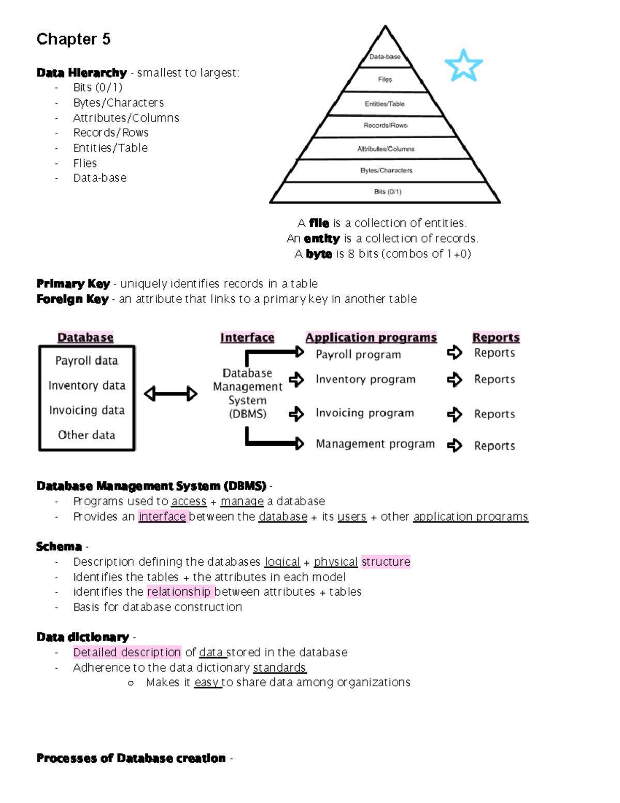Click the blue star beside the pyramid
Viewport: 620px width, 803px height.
click(x=463, y=66)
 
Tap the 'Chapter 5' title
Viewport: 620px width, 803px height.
click(x=73, y=39)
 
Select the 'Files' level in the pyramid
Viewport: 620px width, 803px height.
click(x=385, y=80)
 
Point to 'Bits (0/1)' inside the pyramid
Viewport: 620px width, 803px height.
click(x=388, y=192)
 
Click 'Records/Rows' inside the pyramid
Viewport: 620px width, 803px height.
click(x=385, y=126)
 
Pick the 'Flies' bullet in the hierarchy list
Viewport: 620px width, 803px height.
click(x=85, y=163)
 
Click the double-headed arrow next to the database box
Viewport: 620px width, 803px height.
click(x=171, y=394)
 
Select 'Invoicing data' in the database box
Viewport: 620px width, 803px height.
click(x=87, y=411)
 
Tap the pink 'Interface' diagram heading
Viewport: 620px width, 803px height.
click(x=247, y=338)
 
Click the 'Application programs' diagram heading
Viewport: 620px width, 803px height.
click(x=371, y=338)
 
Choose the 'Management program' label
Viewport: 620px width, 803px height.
click(x=375, y=444)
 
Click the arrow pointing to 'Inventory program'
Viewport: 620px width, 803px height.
click(x=297, y=380)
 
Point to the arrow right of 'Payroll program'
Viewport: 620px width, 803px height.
click(x=454, y=353)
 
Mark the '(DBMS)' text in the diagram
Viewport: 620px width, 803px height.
click(x=247, y=414)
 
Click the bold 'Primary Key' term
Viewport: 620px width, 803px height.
click(x=73, y=284)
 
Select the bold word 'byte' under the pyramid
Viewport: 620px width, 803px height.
click(x=318, y=254)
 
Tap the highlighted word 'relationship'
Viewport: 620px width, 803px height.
click(x=179, y=592)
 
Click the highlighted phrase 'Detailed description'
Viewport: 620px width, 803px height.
click(x=127, y=653)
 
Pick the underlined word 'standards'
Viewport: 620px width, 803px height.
click(x=279, y=668)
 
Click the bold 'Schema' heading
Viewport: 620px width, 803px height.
click(x=59, y=547)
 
